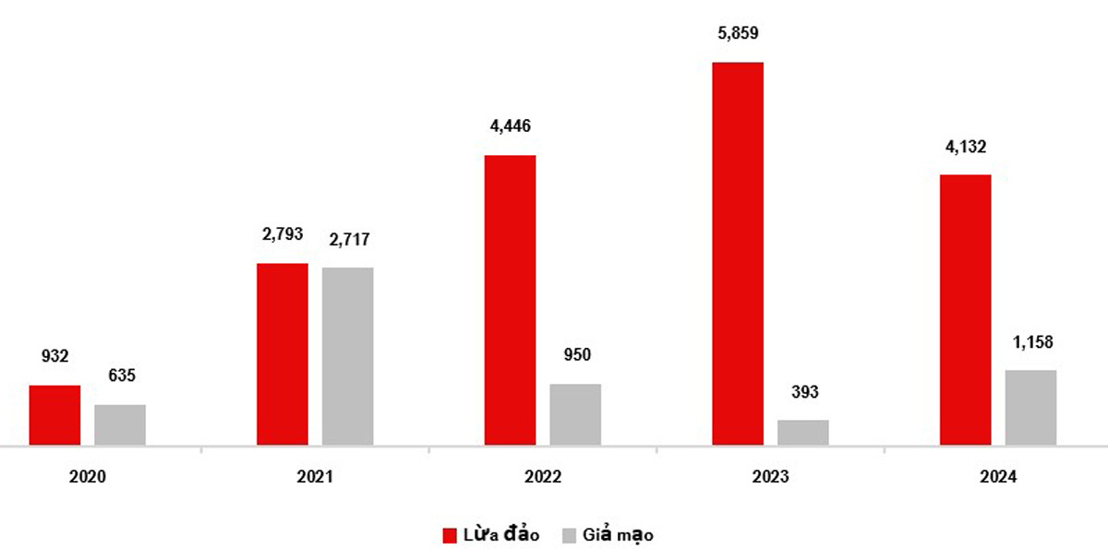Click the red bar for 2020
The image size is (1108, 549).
point(54,415)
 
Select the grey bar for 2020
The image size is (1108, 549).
point(120,424)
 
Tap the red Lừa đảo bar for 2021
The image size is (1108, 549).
point(283,354)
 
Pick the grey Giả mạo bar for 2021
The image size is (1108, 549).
point(348,356)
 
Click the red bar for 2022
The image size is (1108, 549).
point(510,300)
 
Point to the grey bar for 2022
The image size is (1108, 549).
point(575,414)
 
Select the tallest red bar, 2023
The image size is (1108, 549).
point(738,254)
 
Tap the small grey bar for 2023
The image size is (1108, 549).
point(803,433)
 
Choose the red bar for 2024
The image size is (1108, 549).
point(966,310)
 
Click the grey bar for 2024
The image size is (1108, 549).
point(1031,408)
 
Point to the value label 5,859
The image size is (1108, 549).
point(738,33)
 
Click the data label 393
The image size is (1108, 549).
point(803,392)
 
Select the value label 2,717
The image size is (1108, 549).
point(348,240)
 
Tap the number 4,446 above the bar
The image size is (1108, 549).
point(510,126)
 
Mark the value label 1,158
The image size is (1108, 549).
point(1031,342)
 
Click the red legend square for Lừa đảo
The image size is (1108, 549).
point(451,534)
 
